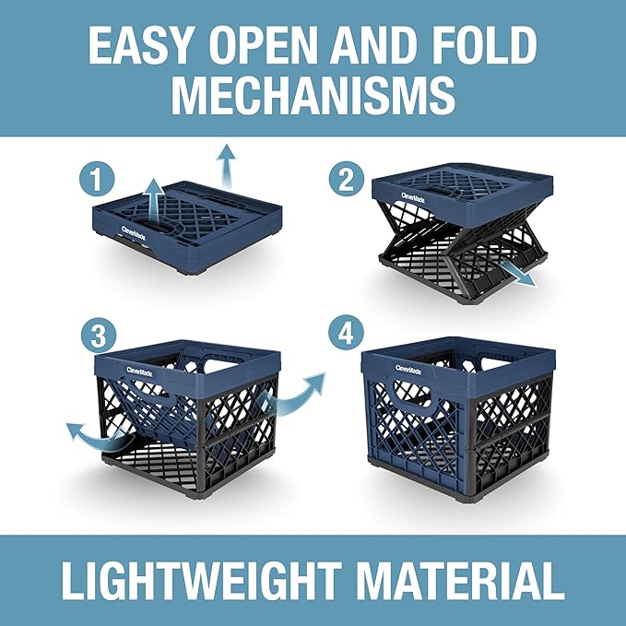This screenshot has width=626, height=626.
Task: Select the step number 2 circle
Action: point(347,178)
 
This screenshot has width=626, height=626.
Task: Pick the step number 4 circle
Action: point(347,336)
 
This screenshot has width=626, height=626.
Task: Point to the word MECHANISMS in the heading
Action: point(313,95)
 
